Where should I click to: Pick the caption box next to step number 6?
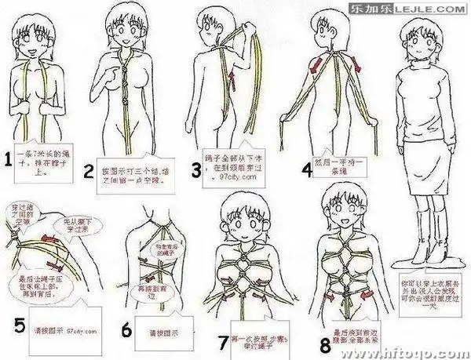click(158, 330)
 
